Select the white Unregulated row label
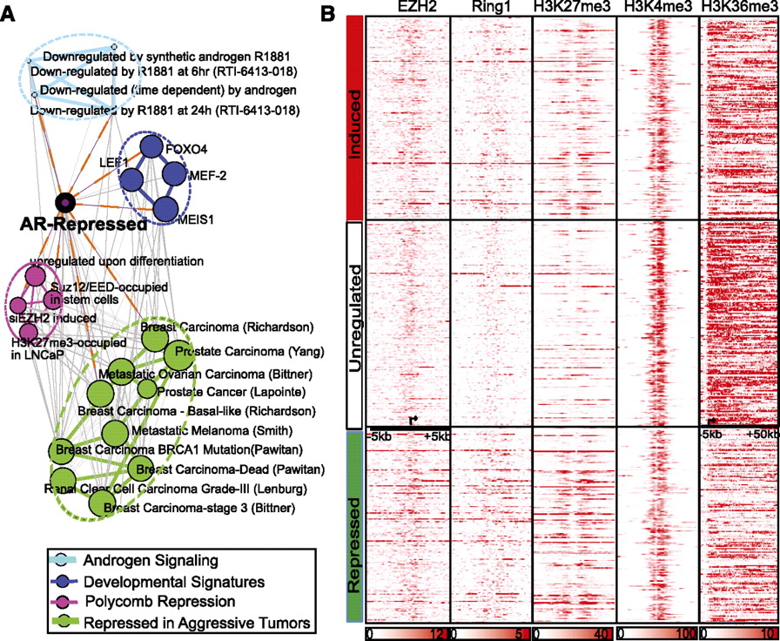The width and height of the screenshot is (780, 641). point(353,320)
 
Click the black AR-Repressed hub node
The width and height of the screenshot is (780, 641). point(64,203)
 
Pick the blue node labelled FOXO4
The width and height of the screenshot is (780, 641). point(153,147)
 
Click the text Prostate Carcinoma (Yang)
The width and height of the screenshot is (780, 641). point(249,352)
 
